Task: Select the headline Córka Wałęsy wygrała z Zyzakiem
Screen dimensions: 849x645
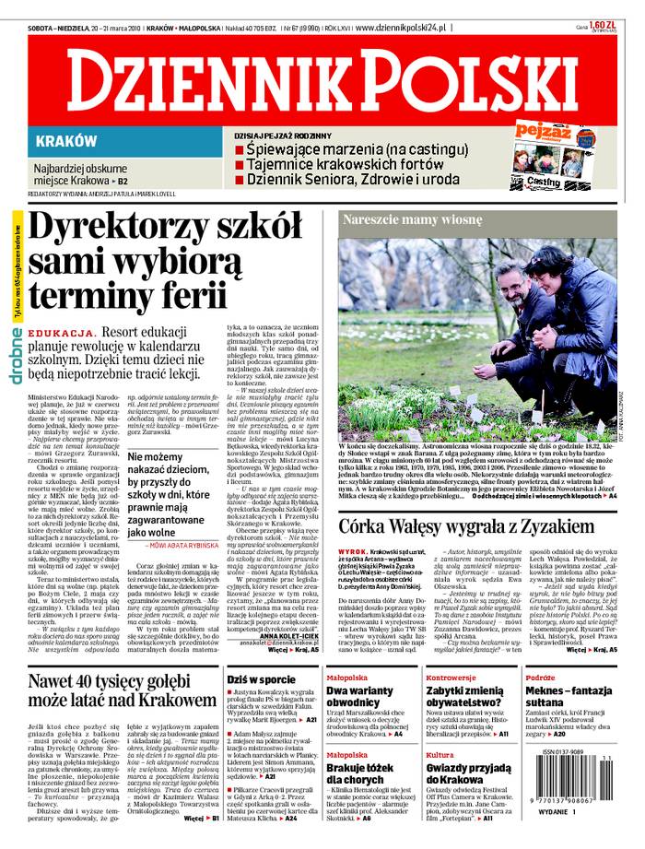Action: tap(478, 500)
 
